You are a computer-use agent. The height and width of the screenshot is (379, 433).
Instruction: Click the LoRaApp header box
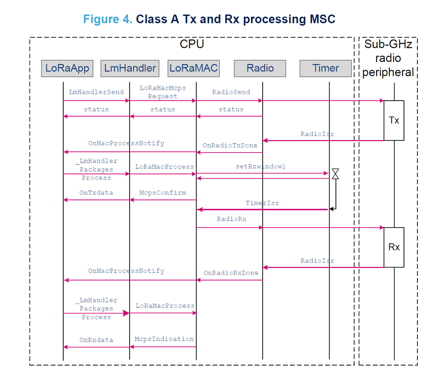click(x=67, y=68)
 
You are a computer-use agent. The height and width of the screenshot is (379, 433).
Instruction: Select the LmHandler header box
click(x=130, y=68)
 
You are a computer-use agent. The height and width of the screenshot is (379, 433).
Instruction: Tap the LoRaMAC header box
click(x=193, y=68)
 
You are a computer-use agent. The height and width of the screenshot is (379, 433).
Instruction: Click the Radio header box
click(x=260, y=68)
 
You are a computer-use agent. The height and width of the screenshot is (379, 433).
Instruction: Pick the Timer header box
click(x=326, y=68)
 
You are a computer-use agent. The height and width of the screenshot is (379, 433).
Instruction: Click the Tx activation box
click(x=394, y=121)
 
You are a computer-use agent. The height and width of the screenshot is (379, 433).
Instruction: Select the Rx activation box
click(x=394, y=247)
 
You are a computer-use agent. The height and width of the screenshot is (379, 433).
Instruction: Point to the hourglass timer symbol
click(x=335, y=174)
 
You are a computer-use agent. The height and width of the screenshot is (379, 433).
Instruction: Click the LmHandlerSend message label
click(x=96, y=92)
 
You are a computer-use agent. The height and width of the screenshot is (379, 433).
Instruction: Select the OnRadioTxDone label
click(x=230, y=145)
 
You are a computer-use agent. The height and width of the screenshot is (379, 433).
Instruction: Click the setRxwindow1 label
click(x=260, y=167)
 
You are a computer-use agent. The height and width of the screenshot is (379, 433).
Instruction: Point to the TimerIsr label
click(x=263, y=203)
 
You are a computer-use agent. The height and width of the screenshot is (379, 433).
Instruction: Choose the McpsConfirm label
click(x=163, y=193)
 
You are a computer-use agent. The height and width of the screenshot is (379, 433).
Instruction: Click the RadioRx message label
click(x=231, y=219)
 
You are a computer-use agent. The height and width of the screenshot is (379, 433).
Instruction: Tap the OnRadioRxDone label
click(x=231, y=273)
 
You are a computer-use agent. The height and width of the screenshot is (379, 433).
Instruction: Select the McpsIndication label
click(x=164, y=339)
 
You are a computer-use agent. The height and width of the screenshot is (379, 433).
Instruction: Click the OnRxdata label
click(x=96, y=340)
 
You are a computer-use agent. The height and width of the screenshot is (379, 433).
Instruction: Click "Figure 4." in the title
click(x=107, y=19)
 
